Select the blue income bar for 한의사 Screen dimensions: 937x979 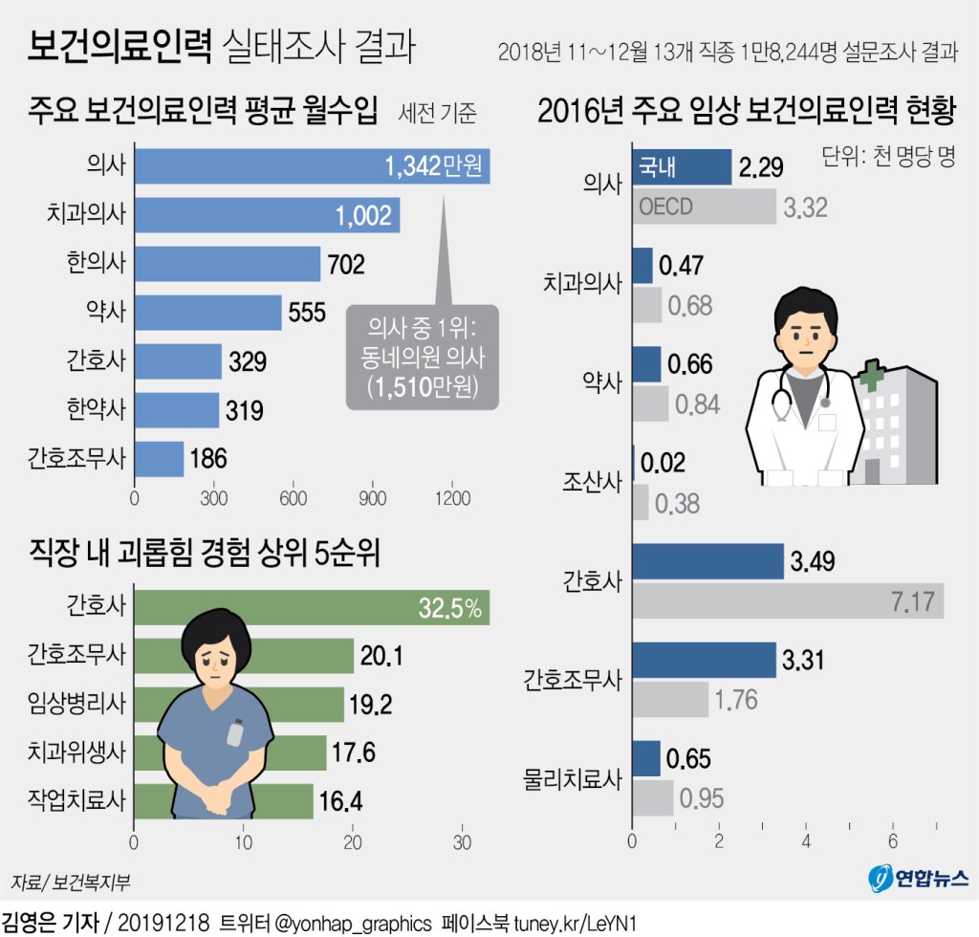tap(228, 264)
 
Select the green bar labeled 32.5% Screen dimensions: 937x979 tap(312, 607)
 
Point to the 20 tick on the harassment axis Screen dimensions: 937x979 tap(353, 843)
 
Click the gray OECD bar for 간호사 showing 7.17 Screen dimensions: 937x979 tap(788, 602)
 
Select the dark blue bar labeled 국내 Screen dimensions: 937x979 tap(682, 167)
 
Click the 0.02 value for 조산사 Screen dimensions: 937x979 tap(663, 463)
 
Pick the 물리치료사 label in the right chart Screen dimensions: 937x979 tap(572, 777)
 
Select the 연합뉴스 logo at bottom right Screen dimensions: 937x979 tap(919, 877)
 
